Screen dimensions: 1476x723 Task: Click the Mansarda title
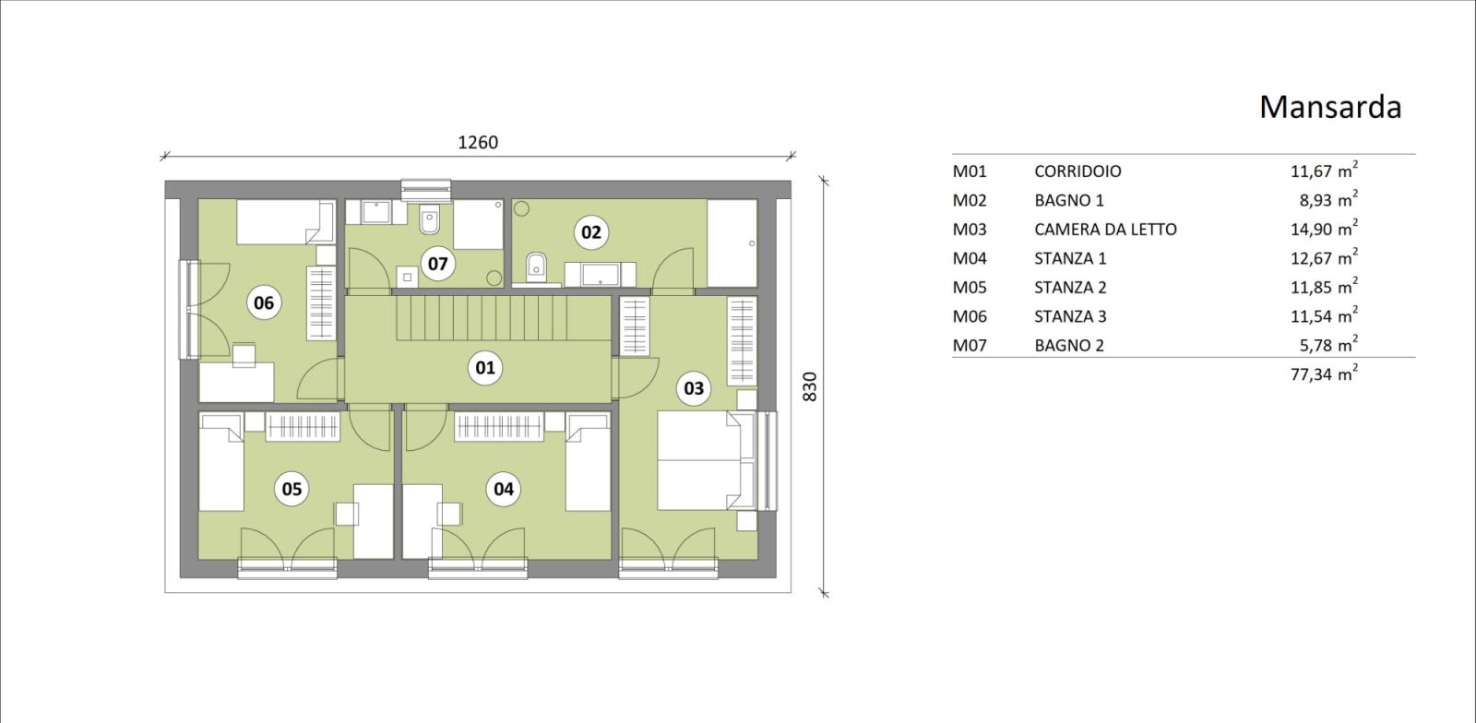point(1329,107)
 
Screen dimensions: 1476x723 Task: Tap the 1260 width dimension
point(478,142)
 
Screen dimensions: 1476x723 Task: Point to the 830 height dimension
point(810,387)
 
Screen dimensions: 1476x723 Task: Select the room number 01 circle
point(485,367)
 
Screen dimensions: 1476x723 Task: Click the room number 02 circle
point(591,231)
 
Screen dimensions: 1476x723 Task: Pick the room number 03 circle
point(693,388)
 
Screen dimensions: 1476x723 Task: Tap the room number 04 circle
point(504,489)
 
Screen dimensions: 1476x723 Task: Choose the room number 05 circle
point(292,489)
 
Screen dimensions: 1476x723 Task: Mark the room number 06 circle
point(264,302)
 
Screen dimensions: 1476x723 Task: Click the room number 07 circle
point(437,264)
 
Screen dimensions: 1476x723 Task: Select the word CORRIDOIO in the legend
point(1077,172)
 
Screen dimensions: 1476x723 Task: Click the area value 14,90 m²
point(1324,228)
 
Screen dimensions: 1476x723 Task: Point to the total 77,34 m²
point(1324,373)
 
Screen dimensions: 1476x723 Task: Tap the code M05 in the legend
point(970,287)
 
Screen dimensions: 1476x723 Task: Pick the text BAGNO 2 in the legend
point(1069,345)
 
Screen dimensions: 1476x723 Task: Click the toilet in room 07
point(429,219)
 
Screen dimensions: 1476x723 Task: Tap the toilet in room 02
point(536,267)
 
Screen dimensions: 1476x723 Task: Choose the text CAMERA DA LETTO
point(1105,229)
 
